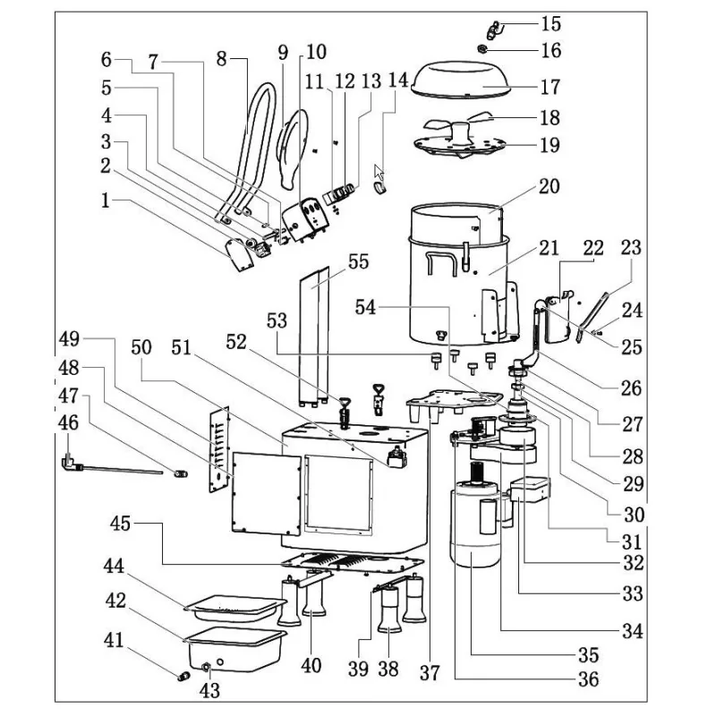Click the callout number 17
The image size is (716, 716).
(x=549, y=87)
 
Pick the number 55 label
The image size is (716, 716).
(x=358, y=262)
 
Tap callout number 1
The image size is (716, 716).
(x=107, y=202)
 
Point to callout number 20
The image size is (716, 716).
(x=549, y=187)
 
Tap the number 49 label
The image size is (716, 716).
(x=69, y=339)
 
